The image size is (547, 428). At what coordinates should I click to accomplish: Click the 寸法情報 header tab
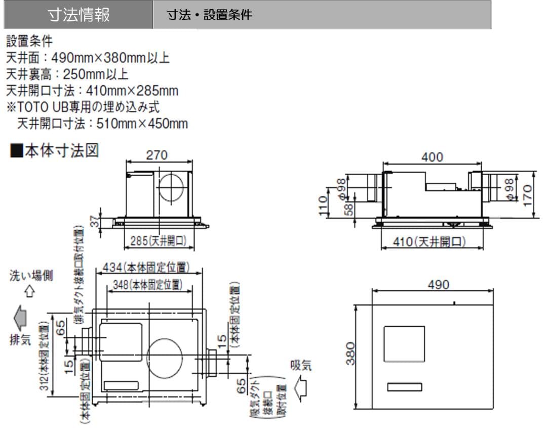[x=79, y=15]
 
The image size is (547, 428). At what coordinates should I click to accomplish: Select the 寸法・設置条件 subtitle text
[x=210, y=15]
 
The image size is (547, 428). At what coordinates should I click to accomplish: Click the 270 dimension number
[x=157, y=155]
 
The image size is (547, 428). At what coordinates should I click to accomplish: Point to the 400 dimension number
[x=432, y=157]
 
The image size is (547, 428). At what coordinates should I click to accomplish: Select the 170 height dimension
[x=527, y=195]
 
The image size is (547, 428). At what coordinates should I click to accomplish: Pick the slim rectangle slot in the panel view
[x=405, y=387]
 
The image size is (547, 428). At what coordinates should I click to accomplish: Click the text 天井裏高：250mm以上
[x=67, y=74]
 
